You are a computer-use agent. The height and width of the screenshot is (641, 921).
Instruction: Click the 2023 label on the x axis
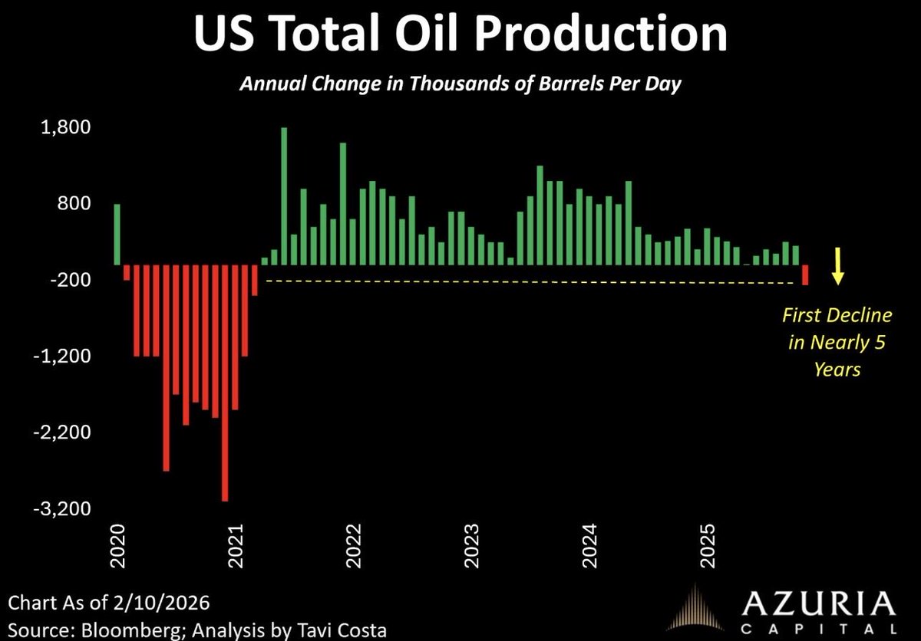pyautogui.click(x=472, y=545)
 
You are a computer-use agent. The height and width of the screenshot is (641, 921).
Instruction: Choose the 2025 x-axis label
pyautogui.click(x=708, y=545)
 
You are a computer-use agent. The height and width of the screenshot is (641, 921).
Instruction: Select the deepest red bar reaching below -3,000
pyautogui.click(x=225, y=383)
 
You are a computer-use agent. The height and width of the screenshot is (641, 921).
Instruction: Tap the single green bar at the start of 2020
pyautogui.click(x=117, y=234)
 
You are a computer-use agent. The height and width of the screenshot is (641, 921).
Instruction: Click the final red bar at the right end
pyautogui.click(x=805, y=274)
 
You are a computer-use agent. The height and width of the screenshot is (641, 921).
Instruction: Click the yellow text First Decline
pyautogui.click(x=837, y=315)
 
